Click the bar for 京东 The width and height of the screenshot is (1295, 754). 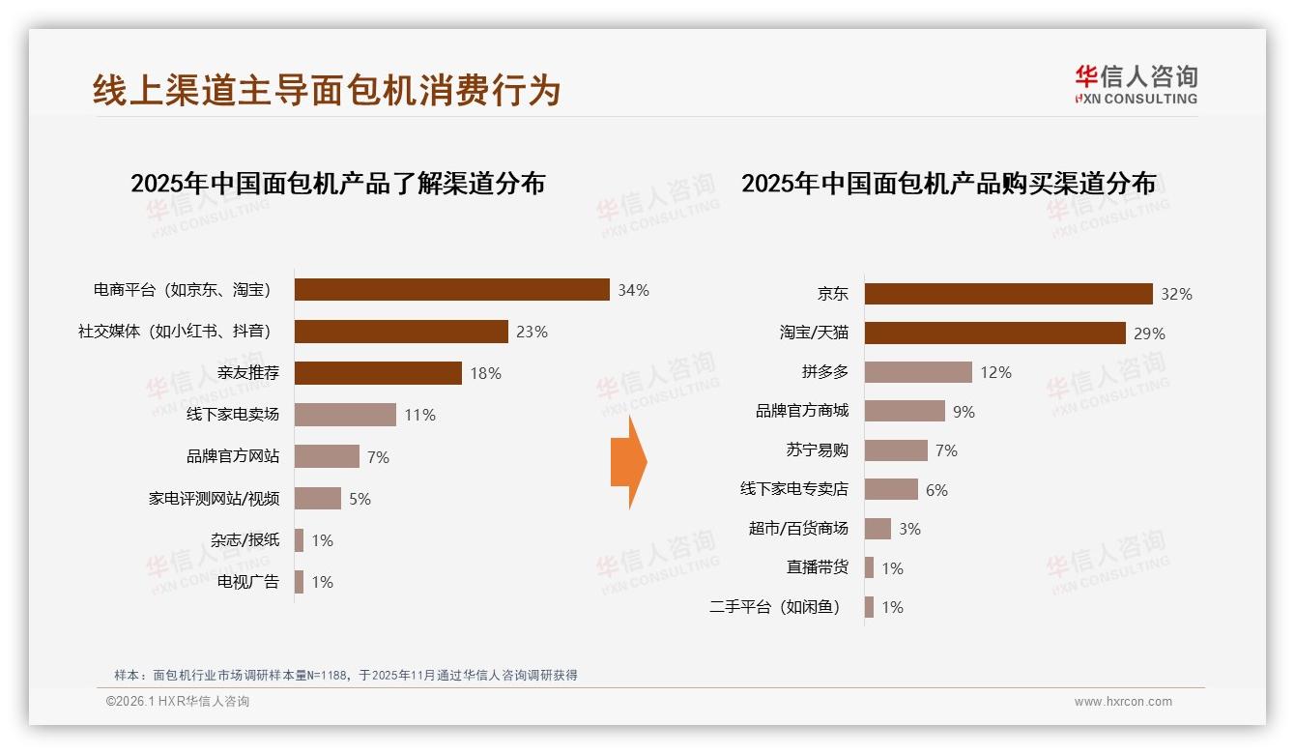[1008, 294]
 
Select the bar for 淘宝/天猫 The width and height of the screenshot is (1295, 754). [994, 333]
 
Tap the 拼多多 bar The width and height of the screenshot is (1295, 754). [918, 372]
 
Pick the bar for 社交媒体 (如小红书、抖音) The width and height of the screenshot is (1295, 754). [401, 332]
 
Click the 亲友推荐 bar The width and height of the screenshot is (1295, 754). [378, 373]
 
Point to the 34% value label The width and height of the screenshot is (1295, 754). [634, 290]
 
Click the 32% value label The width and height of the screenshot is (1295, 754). [1177, 294]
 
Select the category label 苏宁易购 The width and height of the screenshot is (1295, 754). [817, 450]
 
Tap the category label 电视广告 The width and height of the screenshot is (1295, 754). [248, 582]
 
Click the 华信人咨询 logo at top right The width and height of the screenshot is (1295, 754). [1136, 84]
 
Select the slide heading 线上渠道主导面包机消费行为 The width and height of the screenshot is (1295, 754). [327, 90]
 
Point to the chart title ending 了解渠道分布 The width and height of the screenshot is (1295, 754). [338, 183]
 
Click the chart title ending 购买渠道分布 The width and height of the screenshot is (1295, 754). [948, 183]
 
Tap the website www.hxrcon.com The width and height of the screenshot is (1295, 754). [1123, 702]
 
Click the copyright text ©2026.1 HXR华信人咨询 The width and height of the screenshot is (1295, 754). [178, 702]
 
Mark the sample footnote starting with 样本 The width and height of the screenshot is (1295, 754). [345, 675]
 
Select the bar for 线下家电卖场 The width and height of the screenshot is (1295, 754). [345, 415]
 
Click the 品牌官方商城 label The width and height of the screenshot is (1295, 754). [801, 411]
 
